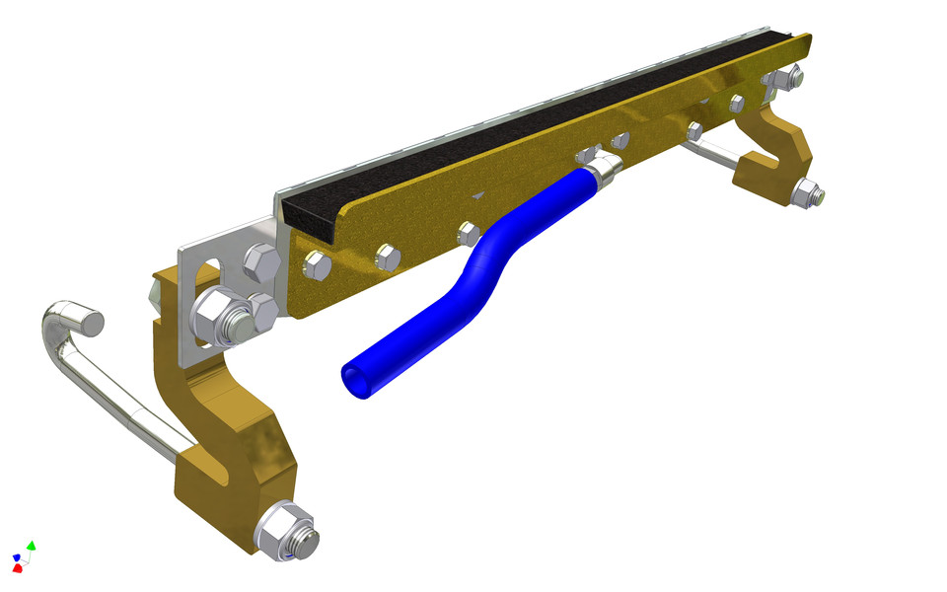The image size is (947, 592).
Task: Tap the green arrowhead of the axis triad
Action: pos(32,545)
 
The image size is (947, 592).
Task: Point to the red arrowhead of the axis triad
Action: pos(17,568)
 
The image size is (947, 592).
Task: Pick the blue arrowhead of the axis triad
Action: pos(16,558)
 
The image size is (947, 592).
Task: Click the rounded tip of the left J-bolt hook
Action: pos(91,322)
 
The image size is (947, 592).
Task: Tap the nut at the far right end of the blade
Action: pos(791,75)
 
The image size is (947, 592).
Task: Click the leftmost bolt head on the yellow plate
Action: pos(317,265)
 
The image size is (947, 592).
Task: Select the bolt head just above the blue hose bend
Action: pos(470,234)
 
